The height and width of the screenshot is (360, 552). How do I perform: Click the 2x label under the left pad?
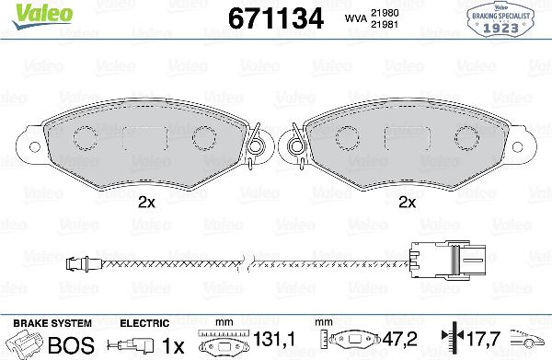coord(144,202)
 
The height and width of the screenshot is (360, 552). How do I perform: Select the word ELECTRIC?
coord(145,323)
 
